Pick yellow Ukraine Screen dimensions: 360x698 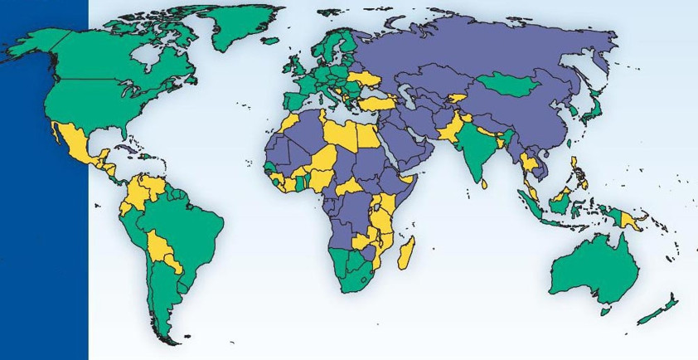tap(364, 80)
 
